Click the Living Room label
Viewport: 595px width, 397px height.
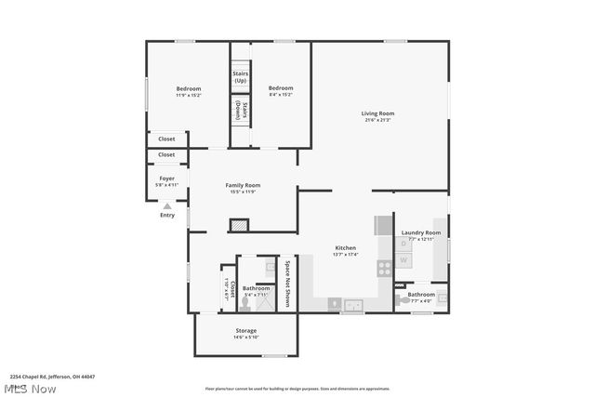click(x=377, y=116)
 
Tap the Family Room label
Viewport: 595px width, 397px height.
click(x=243, y=188)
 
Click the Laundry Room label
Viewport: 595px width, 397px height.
click(x=420, y=235)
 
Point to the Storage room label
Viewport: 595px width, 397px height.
click(x=245, y=333)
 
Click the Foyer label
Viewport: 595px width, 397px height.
click(x=166, y=180)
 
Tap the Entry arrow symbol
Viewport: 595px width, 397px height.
click(x=166, y=206)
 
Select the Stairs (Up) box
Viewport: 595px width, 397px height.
click(x=240, y=76)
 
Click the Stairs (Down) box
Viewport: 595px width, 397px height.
click(x=241, y=109)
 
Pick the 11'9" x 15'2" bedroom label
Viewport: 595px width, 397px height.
click(x=189, y=91)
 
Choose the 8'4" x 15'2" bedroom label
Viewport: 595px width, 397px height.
click(x=281, y=91)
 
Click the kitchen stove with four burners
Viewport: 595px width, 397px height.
click(x=384, y=268)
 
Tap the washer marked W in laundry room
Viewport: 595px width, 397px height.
click(x=403, y=260)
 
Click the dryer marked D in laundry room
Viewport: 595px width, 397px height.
click(x=403, y=245)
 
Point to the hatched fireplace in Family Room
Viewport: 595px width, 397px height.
click(x=239, y=224)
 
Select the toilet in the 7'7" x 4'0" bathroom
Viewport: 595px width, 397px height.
click(x=401, y=299)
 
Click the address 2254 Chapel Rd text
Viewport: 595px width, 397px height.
click(x=52, y=377)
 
